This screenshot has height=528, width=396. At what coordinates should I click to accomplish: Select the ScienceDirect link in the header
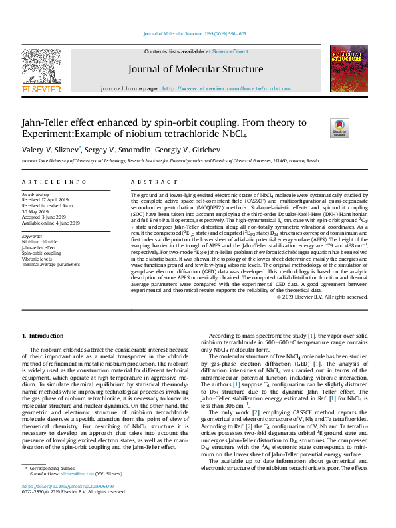coord(230,51)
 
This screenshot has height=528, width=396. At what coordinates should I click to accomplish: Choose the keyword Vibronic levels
coord(37,258)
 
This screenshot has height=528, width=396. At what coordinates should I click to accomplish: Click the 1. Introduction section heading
coord(43,336)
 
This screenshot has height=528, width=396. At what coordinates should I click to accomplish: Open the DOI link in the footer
coord(68,505)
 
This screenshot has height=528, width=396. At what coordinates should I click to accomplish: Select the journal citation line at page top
coord(196,33)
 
